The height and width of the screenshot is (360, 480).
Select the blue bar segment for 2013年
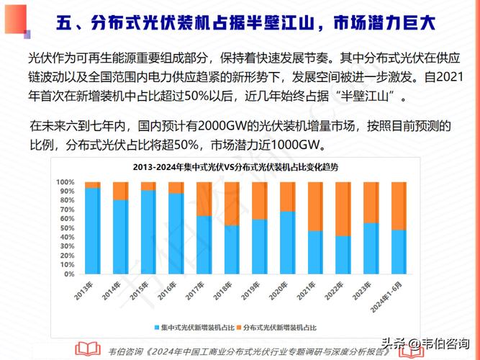coord(92,230)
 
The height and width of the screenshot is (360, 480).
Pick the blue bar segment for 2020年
coord(287,243)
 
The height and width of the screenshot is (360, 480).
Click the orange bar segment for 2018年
coord(231,204)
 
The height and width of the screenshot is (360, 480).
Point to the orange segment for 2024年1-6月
coord(399,206)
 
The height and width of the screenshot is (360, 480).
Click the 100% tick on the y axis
coord(65,182)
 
